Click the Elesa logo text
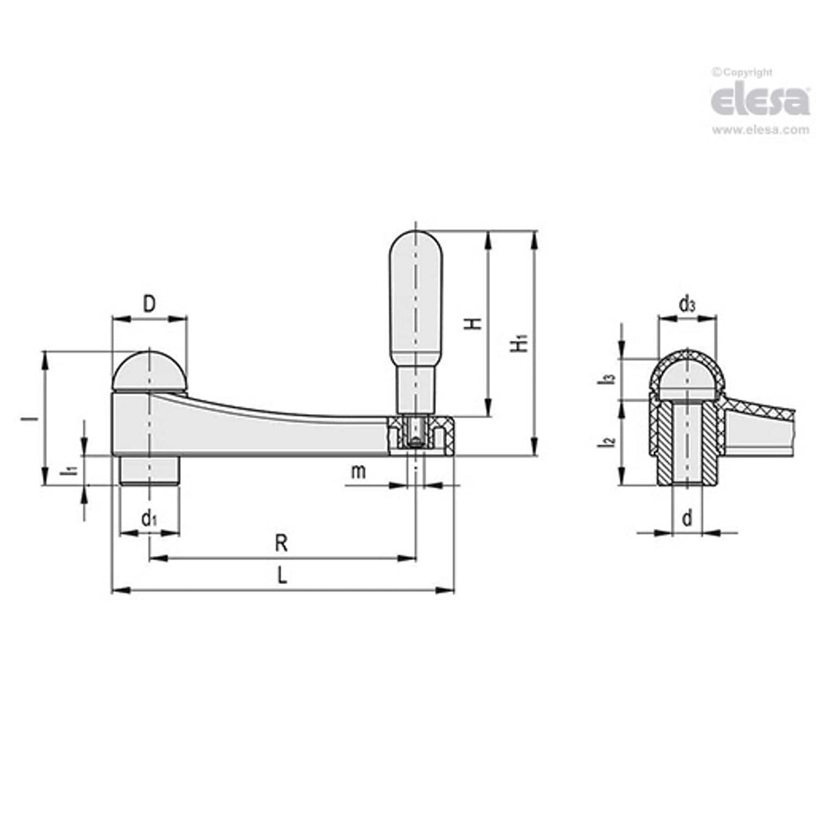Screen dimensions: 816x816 760,100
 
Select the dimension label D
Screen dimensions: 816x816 149,304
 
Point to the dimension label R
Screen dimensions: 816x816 282,543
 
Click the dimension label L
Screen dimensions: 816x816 282,577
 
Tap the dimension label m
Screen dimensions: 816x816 359,472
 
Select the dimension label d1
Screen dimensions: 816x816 149,519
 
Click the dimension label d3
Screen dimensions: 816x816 686,305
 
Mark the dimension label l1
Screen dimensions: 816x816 70,471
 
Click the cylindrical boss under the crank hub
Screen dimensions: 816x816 149,471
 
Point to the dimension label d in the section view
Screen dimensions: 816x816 686,518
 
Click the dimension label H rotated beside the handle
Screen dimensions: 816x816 475,323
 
